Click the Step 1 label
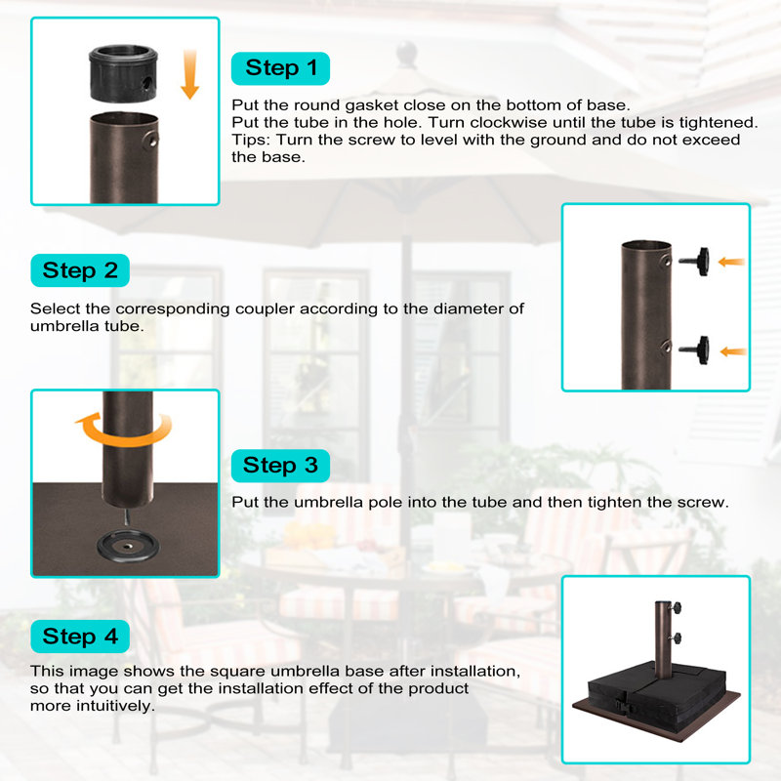280,68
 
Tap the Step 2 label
80,270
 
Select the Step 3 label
280,466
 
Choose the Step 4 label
80,637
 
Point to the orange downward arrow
189,74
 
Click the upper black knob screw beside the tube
694,261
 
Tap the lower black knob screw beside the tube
694,350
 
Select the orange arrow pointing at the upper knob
731,262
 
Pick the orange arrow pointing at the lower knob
733,351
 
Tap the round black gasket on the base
129,548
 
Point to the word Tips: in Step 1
251,140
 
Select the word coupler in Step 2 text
265,309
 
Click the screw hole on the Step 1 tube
151,140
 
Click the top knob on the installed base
675,608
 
